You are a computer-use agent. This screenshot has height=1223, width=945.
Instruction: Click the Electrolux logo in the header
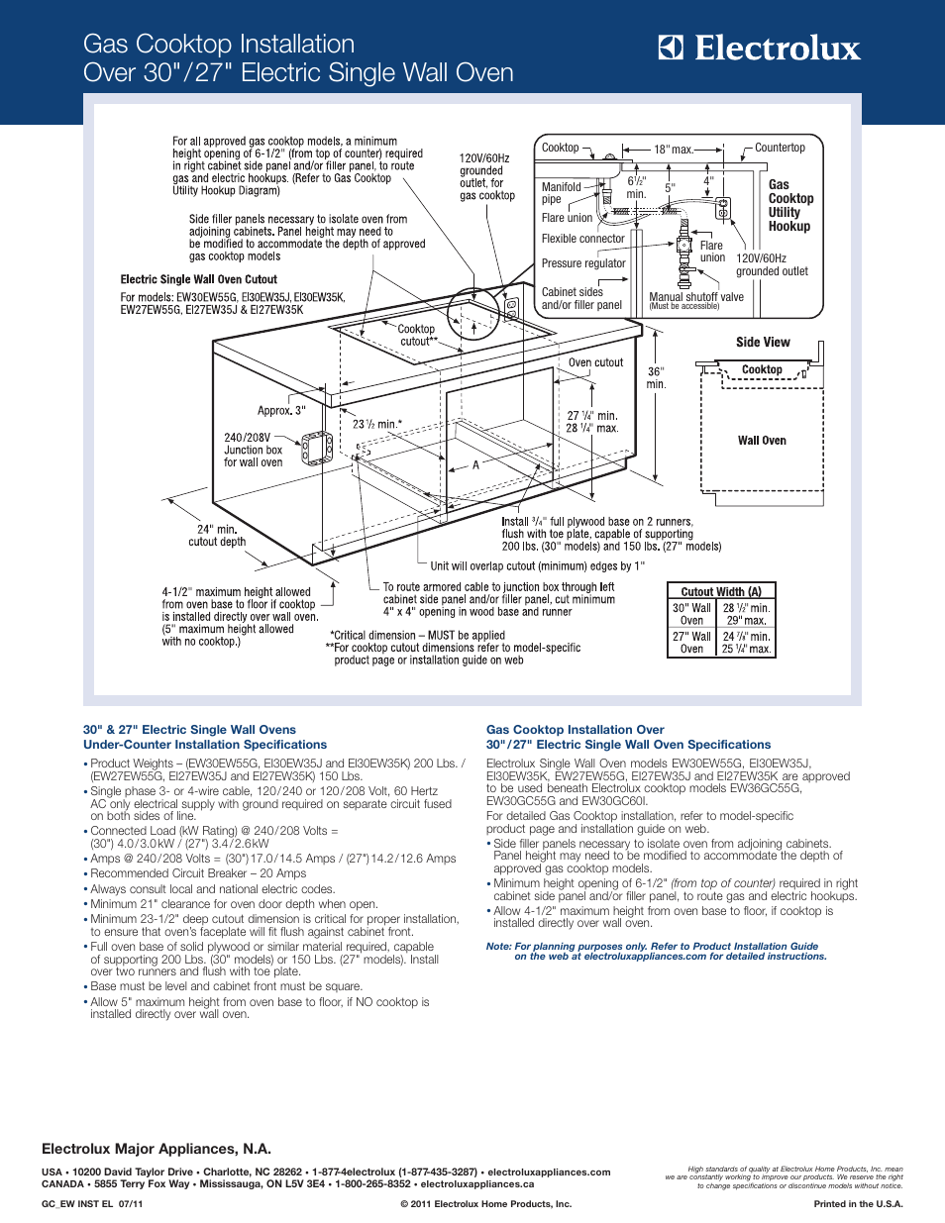(760, 49)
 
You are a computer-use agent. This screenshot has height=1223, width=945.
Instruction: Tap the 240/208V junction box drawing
(317, 448)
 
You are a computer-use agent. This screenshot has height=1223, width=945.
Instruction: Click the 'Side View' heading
(763, 343)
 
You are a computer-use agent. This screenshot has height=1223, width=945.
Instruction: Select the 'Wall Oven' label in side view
(762, 441)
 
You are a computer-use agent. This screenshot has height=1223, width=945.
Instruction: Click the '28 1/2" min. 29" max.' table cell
(746, 614)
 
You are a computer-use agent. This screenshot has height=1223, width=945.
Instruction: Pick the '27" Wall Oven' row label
(691, 643)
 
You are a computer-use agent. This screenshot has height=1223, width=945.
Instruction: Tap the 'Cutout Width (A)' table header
(721, 591)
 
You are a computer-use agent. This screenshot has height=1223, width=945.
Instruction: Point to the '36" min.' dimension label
(656, 377)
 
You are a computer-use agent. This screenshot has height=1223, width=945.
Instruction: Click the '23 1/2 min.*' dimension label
(377, 424)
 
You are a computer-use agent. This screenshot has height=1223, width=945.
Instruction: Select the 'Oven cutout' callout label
(595, 362)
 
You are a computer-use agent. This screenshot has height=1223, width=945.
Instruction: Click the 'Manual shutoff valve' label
(695, 297)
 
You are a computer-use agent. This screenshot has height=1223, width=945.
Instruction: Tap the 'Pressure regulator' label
(583, 263)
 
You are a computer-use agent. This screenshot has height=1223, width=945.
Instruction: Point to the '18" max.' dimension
(673, 150)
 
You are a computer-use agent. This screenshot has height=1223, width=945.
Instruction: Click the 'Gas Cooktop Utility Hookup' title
(789, 205)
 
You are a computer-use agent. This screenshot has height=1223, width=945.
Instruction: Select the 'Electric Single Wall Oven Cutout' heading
(199, 279)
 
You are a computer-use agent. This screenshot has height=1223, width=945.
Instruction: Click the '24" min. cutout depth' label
(217, 536)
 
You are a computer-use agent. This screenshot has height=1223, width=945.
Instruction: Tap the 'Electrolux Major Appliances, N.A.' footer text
(157, 1149)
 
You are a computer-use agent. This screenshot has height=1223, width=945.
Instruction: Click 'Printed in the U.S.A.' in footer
(858, 1204)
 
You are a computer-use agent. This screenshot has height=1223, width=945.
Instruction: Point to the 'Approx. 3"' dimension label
(281, 410)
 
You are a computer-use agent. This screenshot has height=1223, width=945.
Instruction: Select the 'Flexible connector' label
(582, 239)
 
